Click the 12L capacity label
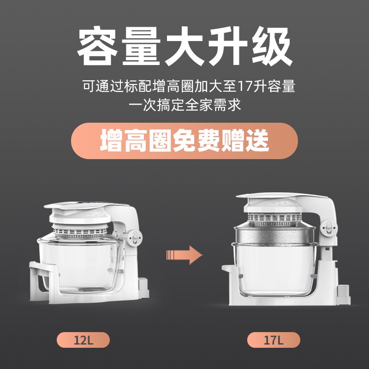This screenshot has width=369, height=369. [83, 340]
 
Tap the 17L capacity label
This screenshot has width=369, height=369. [274, 340]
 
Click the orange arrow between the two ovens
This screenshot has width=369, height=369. [184, 255]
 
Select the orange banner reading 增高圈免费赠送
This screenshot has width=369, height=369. [184, 141]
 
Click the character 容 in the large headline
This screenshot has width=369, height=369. [97, 46]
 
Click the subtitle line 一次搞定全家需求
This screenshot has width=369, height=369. [184, 105]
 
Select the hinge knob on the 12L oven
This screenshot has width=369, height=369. [134, 237]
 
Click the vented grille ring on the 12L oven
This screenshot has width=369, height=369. [80, 232]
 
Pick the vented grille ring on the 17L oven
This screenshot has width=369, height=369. [275, 220]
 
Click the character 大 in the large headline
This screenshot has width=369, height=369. [184, 46]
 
